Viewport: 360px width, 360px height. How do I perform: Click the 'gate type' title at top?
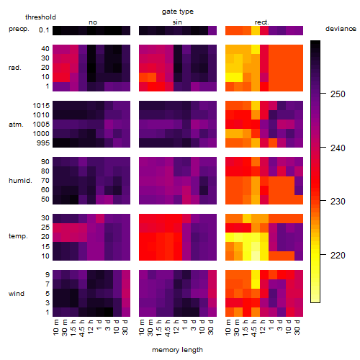coord(178,12)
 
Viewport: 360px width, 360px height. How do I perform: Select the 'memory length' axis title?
coord(177,350)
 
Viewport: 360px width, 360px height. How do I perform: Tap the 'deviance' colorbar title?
coord(341,29)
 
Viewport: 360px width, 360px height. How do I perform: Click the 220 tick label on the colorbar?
coord(338,255)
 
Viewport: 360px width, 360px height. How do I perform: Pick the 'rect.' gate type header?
coord(262,22)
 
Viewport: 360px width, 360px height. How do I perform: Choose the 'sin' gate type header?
coord(177,22)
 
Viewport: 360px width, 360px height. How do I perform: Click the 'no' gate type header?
coord(93,22)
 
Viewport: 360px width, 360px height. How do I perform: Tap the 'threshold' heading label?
coord(40,17)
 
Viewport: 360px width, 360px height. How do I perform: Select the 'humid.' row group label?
coord(20,181)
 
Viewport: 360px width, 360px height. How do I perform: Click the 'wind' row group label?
coord(17,294)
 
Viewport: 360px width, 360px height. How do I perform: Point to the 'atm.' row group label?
coord(16,125)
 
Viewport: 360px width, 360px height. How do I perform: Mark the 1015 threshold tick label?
coord(41,106)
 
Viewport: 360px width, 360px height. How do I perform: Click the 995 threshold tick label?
coord(43,143)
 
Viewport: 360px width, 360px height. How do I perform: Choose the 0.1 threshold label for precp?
coord(44,30)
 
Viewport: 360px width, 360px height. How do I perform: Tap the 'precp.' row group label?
coord(19,30)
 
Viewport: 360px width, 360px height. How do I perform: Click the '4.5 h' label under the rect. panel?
coord(253,328)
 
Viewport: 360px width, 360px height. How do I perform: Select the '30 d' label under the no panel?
coord(125,327)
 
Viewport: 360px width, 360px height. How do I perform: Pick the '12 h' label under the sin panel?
coord(176,327)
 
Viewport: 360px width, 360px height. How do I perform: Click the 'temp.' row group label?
coord(18,236)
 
